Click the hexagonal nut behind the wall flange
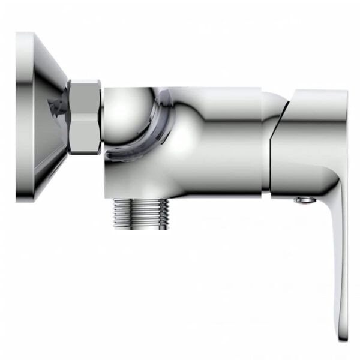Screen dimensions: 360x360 point(85,117)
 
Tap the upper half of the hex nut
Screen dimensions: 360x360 point(85,99)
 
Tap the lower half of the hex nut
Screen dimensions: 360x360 point(85,138)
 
